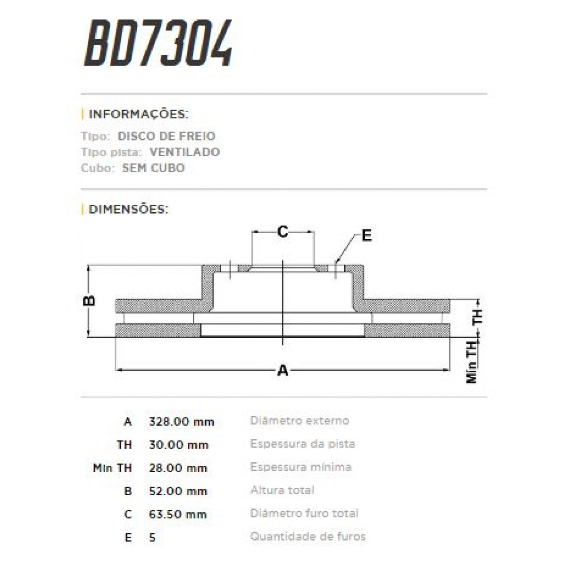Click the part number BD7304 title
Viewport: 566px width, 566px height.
tap(158, 43)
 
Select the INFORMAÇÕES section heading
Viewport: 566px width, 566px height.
tap(138, 114)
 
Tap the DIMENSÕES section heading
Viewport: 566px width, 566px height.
tap(128, 209)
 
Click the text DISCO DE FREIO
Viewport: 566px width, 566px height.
tap(166, 136)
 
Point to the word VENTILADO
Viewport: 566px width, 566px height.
tap(184, 152)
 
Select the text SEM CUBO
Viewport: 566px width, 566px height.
tap(153, 168)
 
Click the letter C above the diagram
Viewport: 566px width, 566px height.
tap(283, 232)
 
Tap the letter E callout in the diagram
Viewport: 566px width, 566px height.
tap(366, 235)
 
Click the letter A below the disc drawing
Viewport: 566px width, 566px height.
tap(283, 370)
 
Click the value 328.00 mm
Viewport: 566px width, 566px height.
tap(181, 422)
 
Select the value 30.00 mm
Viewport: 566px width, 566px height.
tap(178, 445)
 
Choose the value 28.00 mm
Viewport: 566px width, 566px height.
tap(178, 468)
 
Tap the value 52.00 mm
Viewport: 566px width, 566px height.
tap(178, 491)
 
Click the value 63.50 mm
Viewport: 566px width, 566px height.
tap(178, 514)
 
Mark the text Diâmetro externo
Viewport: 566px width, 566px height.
tap(300, 420)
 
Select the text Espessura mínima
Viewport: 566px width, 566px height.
tap(300, 467)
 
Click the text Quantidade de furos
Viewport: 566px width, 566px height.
tap(308, 536)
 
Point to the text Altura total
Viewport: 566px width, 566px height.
tap(282, 490)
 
